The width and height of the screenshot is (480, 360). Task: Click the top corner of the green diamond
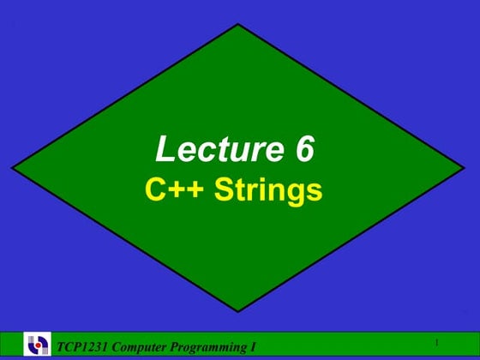pos(237,23)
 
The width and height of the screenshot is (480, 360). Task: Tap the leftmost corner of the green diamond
pos(12,168)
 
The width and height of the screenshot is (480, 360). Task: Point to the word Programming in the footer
pos(211,346)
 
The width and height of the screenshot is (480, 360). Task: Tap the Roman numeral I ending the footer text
pos(254,346)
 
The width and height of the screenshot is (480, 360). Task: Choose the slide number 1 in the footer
pos(436,343)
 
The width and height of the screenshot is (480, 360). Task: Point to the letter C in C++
pos(154,189)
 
